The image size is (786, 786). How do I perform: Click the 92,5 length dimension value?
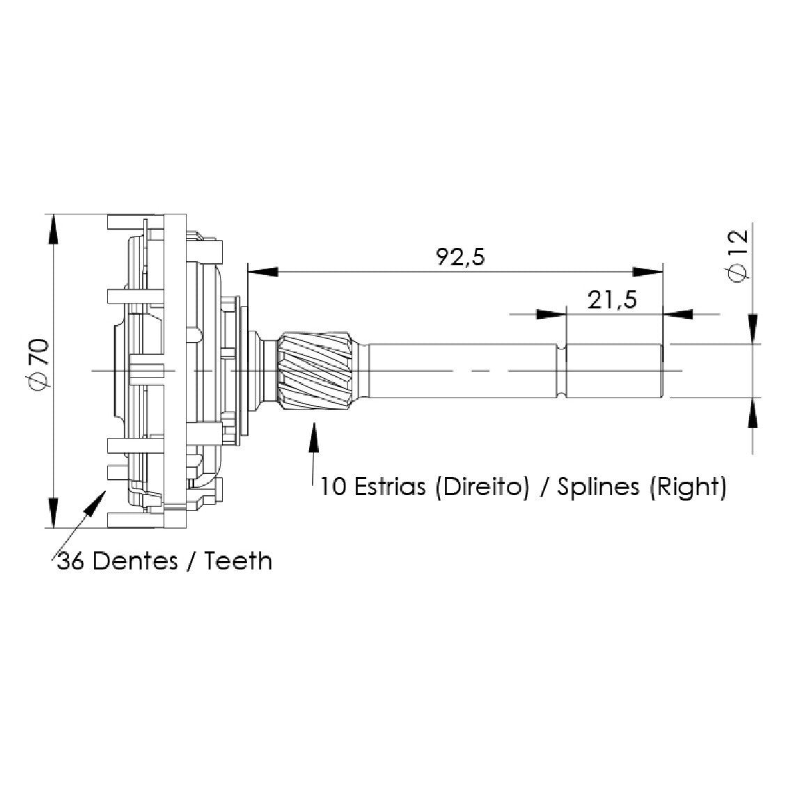pos(460,257)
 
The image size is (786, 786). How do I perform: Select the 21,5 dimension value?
pos(612,300)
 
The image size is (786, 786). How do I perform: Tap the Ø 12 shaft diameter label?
pos(737,256)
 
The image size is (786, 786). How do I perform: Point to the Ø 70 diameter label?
pos(38,364)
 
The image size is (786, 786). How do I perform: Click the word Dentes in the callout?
pos(135,560)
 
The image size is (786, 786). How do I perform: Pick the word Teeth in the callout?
pos(238,560)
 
